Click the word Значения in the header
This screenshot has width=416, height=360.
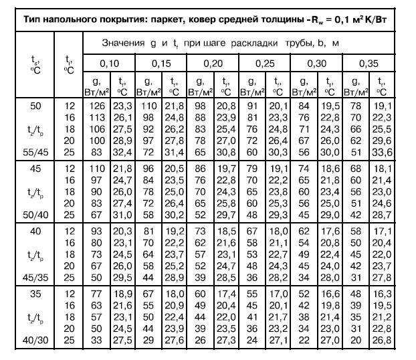pos(122,43)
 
